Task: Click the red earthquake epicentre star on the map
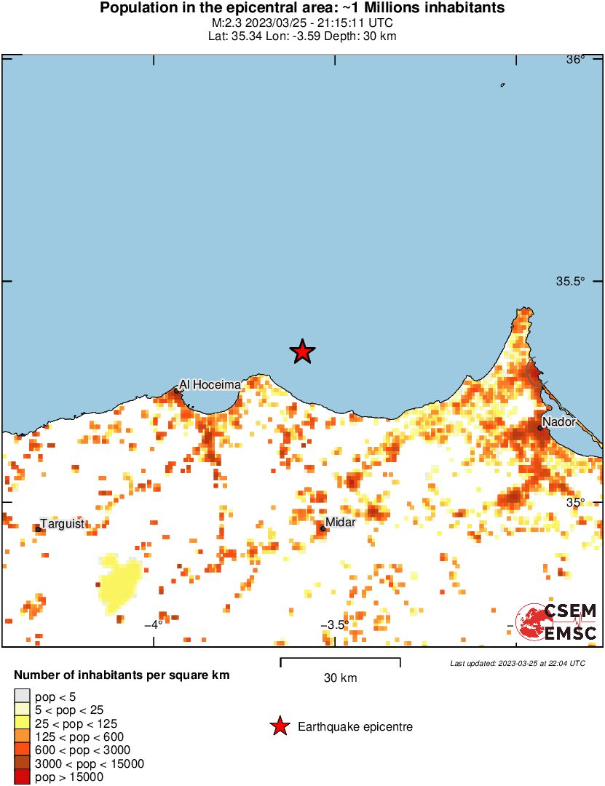[x=302, y=352]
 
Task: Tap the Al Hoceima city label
[x=210, y=384]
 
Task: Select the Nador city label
[x=559, y=421]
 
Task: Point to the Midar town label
[x=341, y=522]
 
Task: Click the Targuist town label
[x=63, y=523]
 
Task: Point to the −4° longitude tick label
[x=153, y=624]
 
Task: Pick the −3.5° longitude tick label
[x=333, y=624]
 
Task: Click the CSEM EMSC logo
[x=557, y=622]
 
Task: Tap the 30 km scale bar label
[x=340, y=678]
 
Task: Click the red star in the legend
[x=279, y=726]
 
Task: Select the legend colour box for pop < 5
[x=23, y=696]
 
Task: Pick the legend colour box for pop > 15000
[x=23, y=777]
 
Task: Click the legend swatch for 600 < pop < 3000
[x=23, y=750]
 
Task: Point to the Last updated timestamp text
[x=518, y=663]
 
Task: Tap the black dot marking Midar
[x=323, y=528]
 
